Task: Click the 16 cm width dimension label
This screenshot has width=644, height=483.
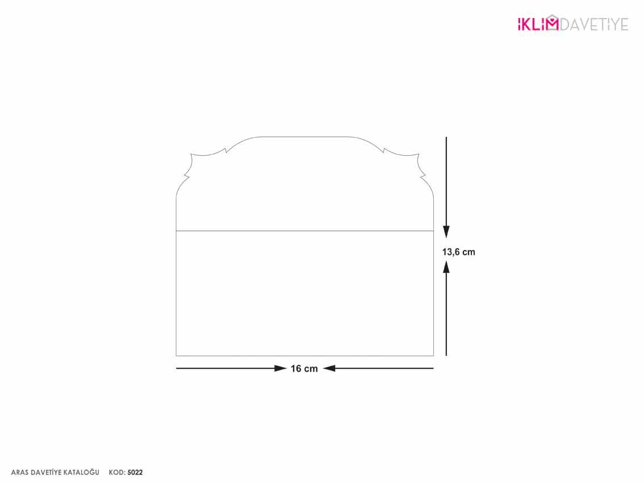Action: [304, 369]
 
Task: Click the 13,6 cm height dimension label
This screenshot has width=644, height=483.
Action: [458, 252]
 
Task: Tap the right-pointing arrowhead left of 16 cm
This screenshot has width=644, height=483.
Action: [281, 368]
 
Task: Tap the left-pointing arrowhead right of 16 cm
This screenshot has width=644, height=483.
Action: [329, 368]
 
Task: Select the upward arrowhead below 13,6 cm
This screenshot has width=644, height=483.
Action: [446, 267]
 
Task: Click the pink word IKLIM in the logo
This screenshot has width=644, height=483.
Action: [538, 24]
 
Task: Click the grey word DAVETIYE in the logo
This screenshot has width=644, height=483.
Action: [594, 24]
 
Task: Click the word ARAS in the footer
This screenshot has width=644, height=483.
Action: [20, 473]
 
